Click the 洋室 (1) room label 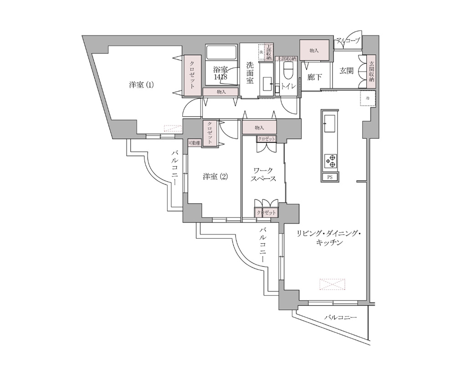141,84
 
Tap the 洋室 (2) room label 215,177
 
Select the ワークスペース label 264,174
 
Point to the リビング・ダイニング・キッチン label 328,238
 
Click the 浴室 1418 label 220,73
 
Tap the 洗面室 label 250,73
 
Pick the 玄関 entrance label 347,71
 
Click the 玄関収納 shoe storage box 372,71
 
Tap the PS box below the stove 329,178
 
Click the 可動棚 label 195,143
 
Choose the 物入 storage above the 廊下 314,50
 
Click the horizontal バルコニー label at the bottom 341,317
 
